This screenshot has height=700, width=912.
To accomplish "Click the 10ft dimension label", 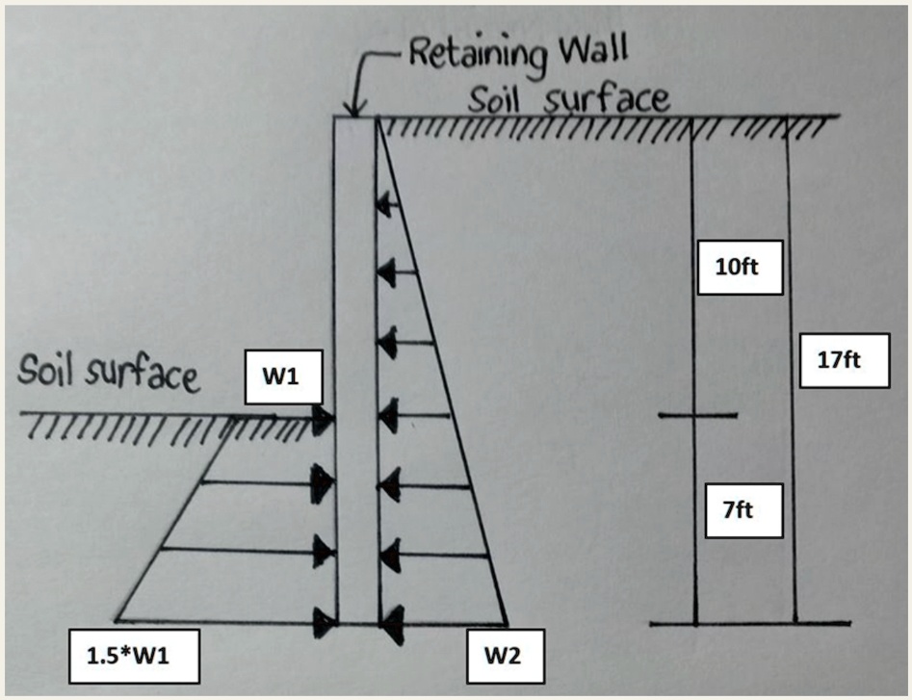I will pos(737,266).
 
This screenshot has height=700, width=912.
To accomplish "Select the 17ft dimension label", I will pos(837,361).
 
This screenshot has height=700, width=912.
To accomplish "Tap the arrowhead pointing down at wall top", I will pos(356,107).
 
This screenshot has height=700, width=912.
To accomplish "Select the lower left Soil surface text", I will pos(108,373).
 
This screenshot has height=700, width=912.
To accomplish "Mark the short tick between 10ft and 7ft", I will pos(698,416).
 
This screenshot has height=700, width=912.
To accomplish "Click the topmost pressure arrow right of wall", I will pos(388,204).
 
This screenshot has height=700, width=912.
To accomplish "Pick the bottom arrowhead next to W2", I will pos(391,627).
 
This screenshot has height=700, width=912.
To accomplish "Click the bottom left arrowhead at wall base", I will pos(324,624).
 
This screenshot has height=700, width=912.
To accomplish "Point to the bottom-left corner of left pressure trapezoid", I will pos(117,620).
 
